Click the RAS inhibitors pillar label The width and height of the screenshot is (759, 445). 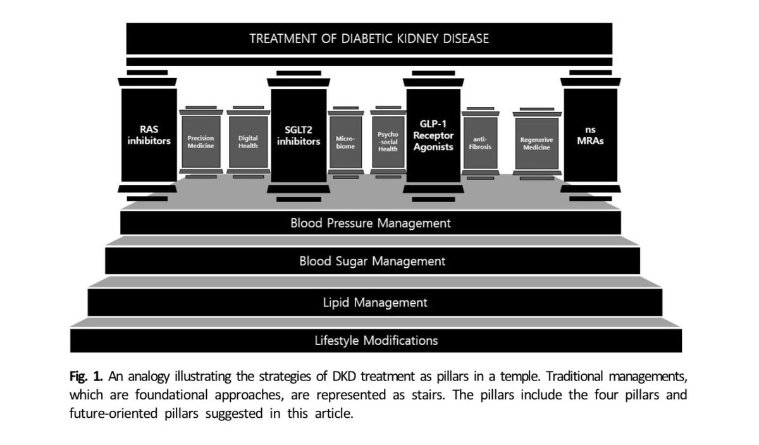click(149, 135)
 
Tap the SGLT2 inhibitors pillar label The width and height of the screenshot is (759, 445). click(299, 135)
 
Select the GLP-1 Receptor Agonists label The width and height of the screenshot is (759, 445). click(433, 135)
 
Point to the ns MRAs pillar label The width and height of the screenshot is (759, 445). click(590, 135)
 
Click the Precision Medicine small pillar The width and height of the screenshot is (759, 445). click(201, 142)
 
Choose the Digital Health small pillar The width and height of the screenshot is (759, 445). click(249, 142)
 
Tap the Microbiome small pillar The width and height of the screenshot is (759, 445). click(345, 142)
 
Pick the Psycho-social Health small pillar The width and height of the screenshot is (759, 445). click(388, 142)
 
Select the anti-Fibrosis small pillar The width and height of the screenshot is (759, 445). click(481, 143)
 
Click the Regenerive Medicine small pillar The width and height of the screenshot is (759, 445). click(537, 144)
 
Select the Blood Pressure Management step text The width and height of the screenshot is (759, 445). click(371, 223)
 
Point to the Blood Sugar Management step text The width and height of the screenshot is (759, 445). click(373, 261)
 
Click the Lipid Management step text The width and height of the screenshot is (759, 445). click(375, 303)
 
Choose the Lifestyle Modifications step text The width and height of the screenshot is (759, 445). click(376, 341)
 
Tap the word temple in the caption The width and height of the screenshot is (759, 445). click(521, 377)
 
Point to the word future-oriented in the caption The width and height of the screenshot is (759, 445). click(113, 413)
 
